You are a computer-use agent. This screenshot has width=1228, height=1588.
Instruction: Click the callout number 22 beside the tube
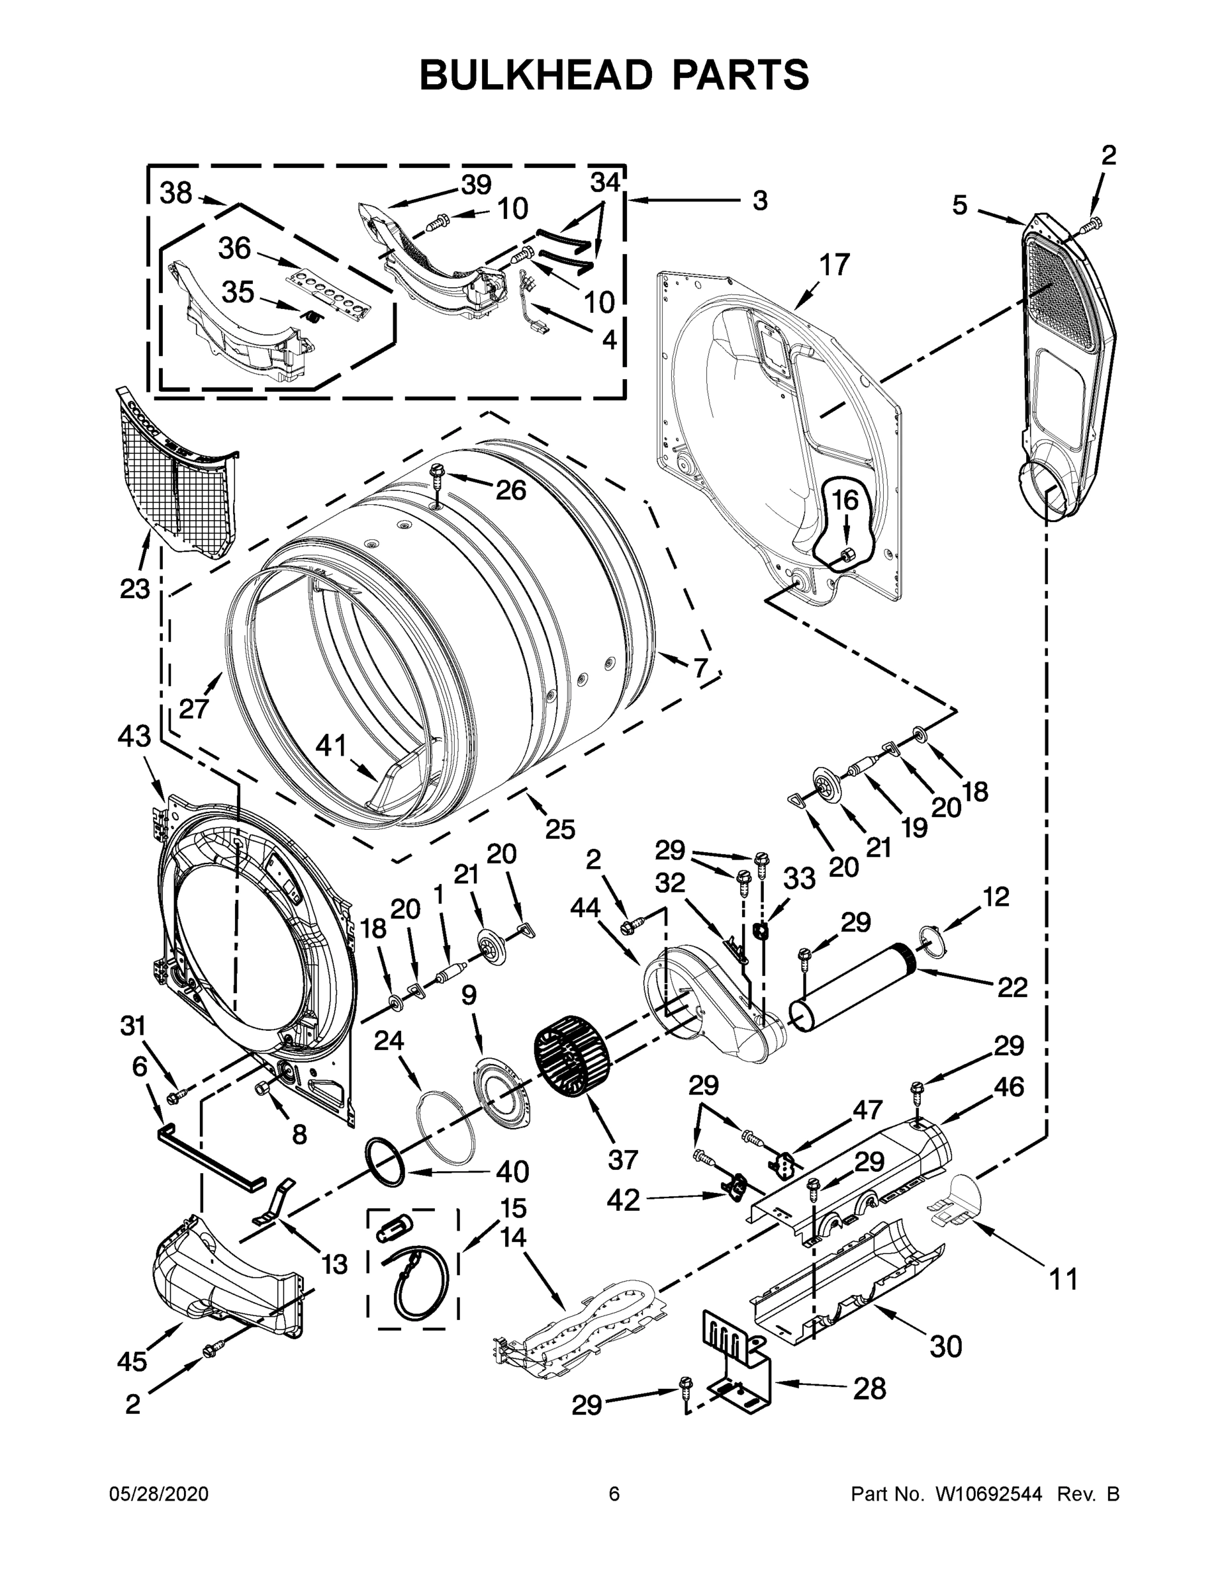coord(1012,987)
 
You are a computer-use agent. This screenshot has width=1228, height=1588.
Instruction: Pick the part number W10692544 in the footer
coord(988,1494)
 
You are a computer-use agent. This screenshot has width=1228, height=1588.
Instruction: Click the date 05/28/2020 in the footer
coord(159,1494)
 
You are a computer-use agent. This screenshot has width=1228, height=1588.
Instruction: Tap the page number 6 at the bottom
coord(614,1494)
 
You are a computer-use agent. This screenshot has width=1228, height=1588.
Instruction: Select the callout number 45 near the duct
coord(132,1360)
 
